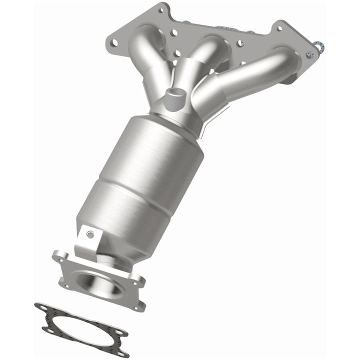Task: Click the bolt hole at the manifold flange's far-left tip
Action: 114,42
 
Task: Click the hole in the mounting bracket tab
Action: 90,233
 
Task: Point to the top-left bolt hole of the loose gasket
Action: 40,308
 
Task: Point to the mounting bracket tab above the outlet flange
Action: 87,239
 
